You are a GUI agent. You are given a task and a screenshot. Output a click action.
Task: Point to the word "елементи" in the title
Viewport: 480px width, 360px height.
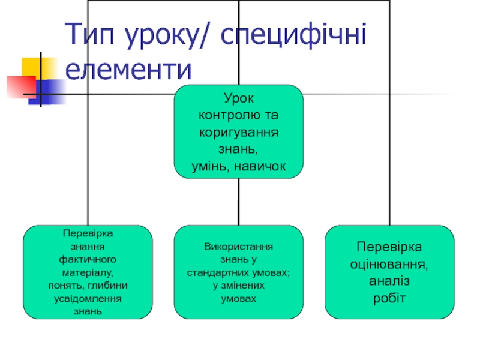pyautogui.click(x=129, y=70)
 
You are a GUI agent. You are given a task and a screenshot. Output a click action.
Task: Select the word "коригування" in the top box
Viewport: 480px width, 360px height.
pyautogui.click(x=239, y=131)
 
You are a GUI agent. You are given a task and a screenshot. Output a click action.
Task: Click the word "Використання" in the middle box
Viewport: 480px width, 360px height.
pyautogui.click(x=239, y=247)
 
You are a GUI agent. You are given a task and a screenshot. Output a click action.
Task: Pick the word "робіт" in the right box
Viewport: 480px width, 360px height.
pyautogui.click(x=389, y=298)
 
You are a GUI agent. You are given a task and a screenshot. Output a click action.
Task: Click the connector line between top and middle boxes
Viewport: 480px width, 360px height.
pyautogui.click(x=239, y=202)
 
